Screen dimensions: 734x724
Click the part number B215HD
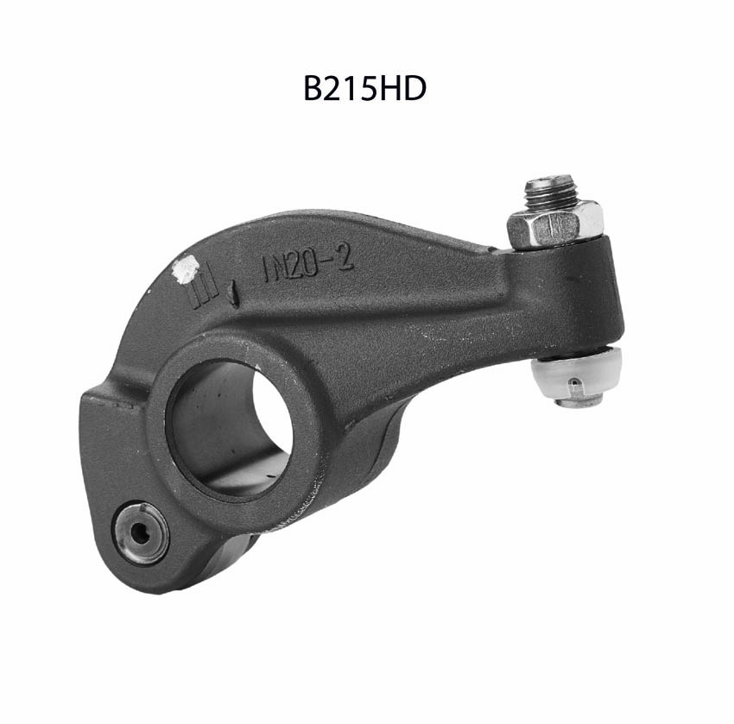[x=364, y=88]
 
